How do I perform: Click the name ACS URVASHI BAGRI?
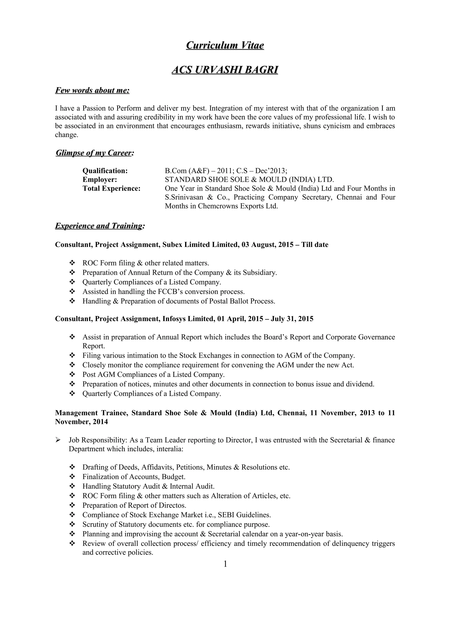pos(225,70)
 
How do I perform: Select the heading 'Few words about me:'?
pos(92,90)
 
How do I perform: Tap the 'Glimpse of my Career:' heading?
pos(95,153)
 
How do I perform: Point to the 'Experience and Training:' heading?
pos(100,226)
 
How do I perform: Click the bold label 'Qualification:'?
pos(105,171)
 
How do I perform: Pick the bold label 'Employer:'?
pos(100,180)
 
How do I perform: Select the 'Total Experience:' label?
pos(112,188)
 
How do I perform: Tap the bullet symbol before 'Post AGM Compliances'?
pos(72,374)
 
